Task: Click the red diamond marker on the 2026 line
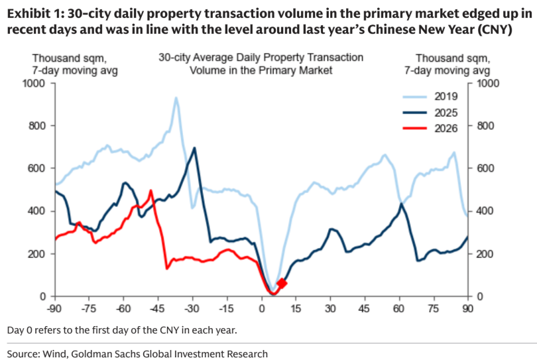coord(281,283)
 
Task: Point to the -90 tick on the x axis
coord(54,309)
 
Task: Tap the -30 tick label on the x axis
coord(192,309)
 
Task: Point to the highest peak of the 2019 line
coord(176,98)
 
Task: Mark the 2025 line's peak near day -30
coord(194,148)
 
